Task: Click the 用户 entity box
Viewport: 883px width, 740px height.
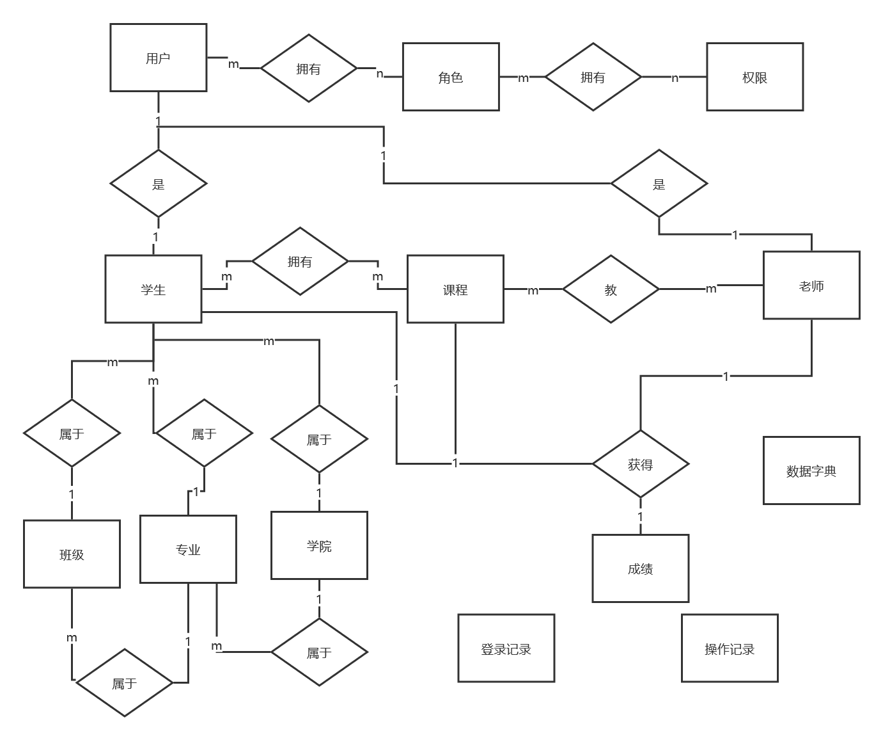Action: coord(158,58)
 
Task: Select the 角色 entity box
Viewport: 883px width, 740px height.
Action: coord(450,77)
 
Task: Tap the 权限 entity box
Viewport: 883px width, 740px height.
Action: coord(754,77)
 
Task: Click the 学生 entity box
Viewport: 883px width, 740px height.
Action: coord(153,289)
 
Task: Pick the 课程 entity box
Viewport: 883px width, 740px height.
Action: coord(455,289)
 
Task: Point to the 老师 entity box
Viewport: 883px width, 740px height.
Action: coord(811,286)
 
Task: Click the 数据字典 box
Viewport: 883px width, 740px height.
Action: coord(811,471)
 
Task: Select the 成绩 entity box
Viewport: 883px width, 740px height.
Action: coord(640,568)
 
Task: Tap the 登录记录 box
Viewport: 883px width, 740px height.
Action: coord(506,648)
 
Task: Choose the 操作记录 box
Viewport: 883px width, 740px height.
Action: coord(729,648)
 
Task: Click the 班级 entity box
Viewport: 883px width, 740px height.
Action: coord(72,554)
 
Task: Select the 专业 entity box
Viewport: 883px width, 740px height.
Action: coord(188,549)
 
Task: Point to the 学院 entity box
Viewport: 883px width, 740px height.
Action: coord(319,545)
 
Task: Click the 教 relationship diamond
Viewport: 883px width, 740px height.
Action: coord(611,289)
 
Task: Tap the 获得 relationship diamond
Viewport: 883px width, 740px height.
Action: coord(640,464)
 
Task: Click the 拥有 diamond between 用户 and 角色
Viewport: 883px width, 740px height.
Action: coord(308,68)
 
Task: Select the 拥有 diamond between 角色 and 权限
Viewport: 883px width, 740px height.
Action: coord(593,77)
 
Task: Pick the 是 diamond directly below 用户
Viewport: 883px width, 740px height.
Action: coord(158,184)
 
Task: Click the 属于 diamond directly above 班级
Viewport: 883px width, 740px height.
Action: coord(72,433)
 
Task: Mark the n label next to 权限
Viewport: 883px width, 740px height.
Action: coord(675,77)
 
